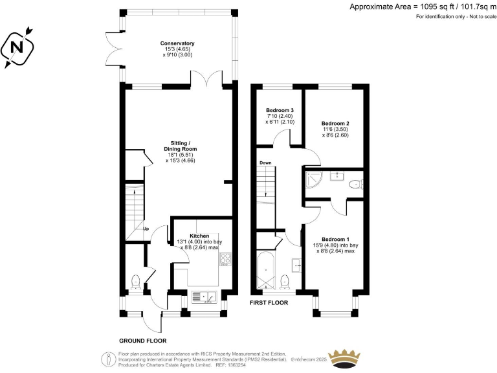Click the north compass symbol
pyautogui.click(x=18, y=47)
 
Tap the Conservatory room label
pyautogui.click(x=178, y=43)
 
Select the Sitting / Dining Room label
pyautogui.click(x=180, y=148)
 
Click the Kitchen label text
pyautogui.click(x=199, y=236)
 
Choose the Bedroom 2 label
pyautogui.click(x=335, y=123)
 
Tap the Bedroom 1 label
pyautogui.click(x=335, y=240)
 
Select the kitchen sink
pyautogui.click(x=207, y=297)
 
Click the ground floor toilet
pyautogui.click(x=136, y=281)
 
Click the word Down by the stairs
pyautogui.click(x=265, y=163)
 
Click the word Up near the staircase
pyautogui.click(x=146, y=228)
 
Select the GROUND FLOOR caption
pyautogui.click(x=142, y=340)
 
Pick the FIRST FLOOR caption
pyautogui.click(x=271, y=302)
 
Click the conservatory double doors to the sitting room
pyautogui.click(x=207, y=80)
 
